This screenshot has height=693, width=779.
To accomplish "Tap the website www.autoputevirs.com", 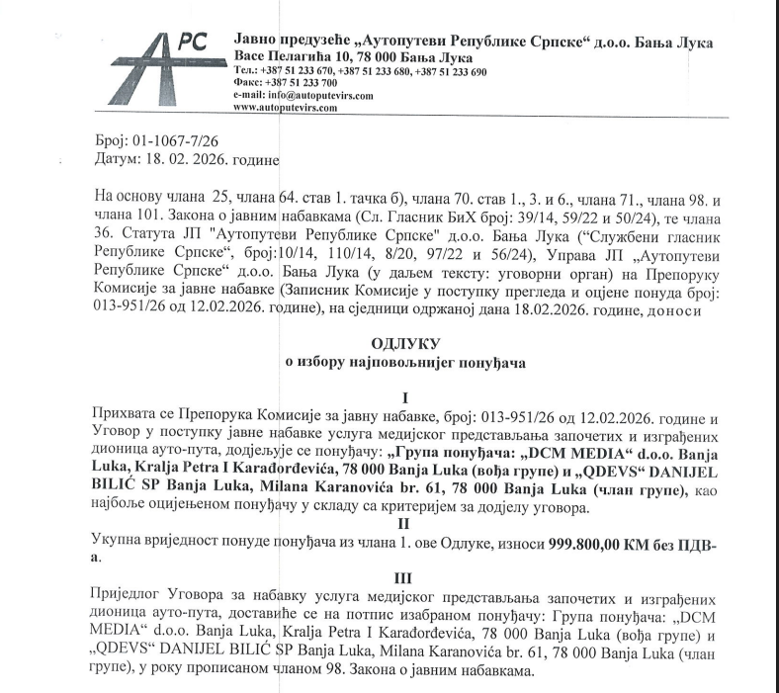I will click(x=286, y=107).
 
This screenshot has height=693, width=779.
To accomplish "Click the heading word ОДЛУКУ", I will click(x=403, y=343).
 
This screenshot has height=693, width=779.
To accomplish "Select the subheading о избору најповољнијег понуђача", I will click(x=403, y=362).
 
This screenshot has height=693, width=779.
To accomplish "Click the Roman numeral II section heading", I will click(x=403, y=524).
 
